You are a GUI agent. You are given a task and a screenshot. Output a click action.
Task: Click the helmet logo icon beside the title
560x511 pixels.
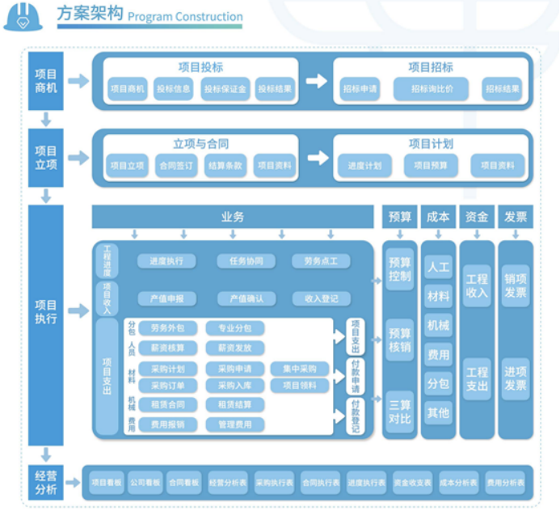[23, 18]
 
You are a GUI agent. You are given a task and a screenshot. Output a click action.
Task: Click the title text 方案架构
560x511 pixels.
[90, 15]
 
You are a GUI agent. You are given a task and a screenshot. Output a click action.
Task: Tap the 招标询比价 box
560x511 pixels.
[432, 89]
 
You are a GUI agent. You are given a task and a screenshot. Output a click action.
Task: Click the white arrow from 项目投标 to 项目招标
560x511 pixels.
[316, 81]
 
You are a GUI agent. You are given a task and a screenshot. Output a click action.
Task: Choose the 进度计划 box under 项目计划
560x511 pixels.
[364, 166]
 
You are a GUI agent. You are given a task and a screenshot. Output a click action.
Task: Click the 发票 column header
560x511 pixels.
[516, 217]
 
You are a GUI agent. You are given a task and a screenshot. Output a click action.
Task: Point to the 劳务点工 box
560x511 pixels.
[321, 261]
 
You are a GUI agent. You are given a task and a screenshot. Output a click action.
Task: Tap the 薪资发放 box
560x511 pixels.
[234, 348]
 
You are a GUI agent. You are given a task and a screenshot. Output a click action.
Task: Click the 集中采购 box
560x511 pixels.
[300, 369]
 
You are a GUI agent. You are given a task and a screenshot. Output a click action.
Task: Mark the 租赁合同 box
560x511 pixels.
[166, 404]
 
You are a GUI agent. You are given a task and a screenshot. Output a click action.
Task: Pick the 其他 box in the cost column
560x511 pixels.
[438, 412]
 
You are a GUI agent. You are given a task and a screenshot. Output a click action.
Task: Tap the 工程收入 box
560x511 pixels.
[477, 286]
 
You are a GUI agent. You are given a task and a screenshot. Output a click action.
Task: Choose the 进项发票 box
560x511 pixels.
[516, 378]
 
